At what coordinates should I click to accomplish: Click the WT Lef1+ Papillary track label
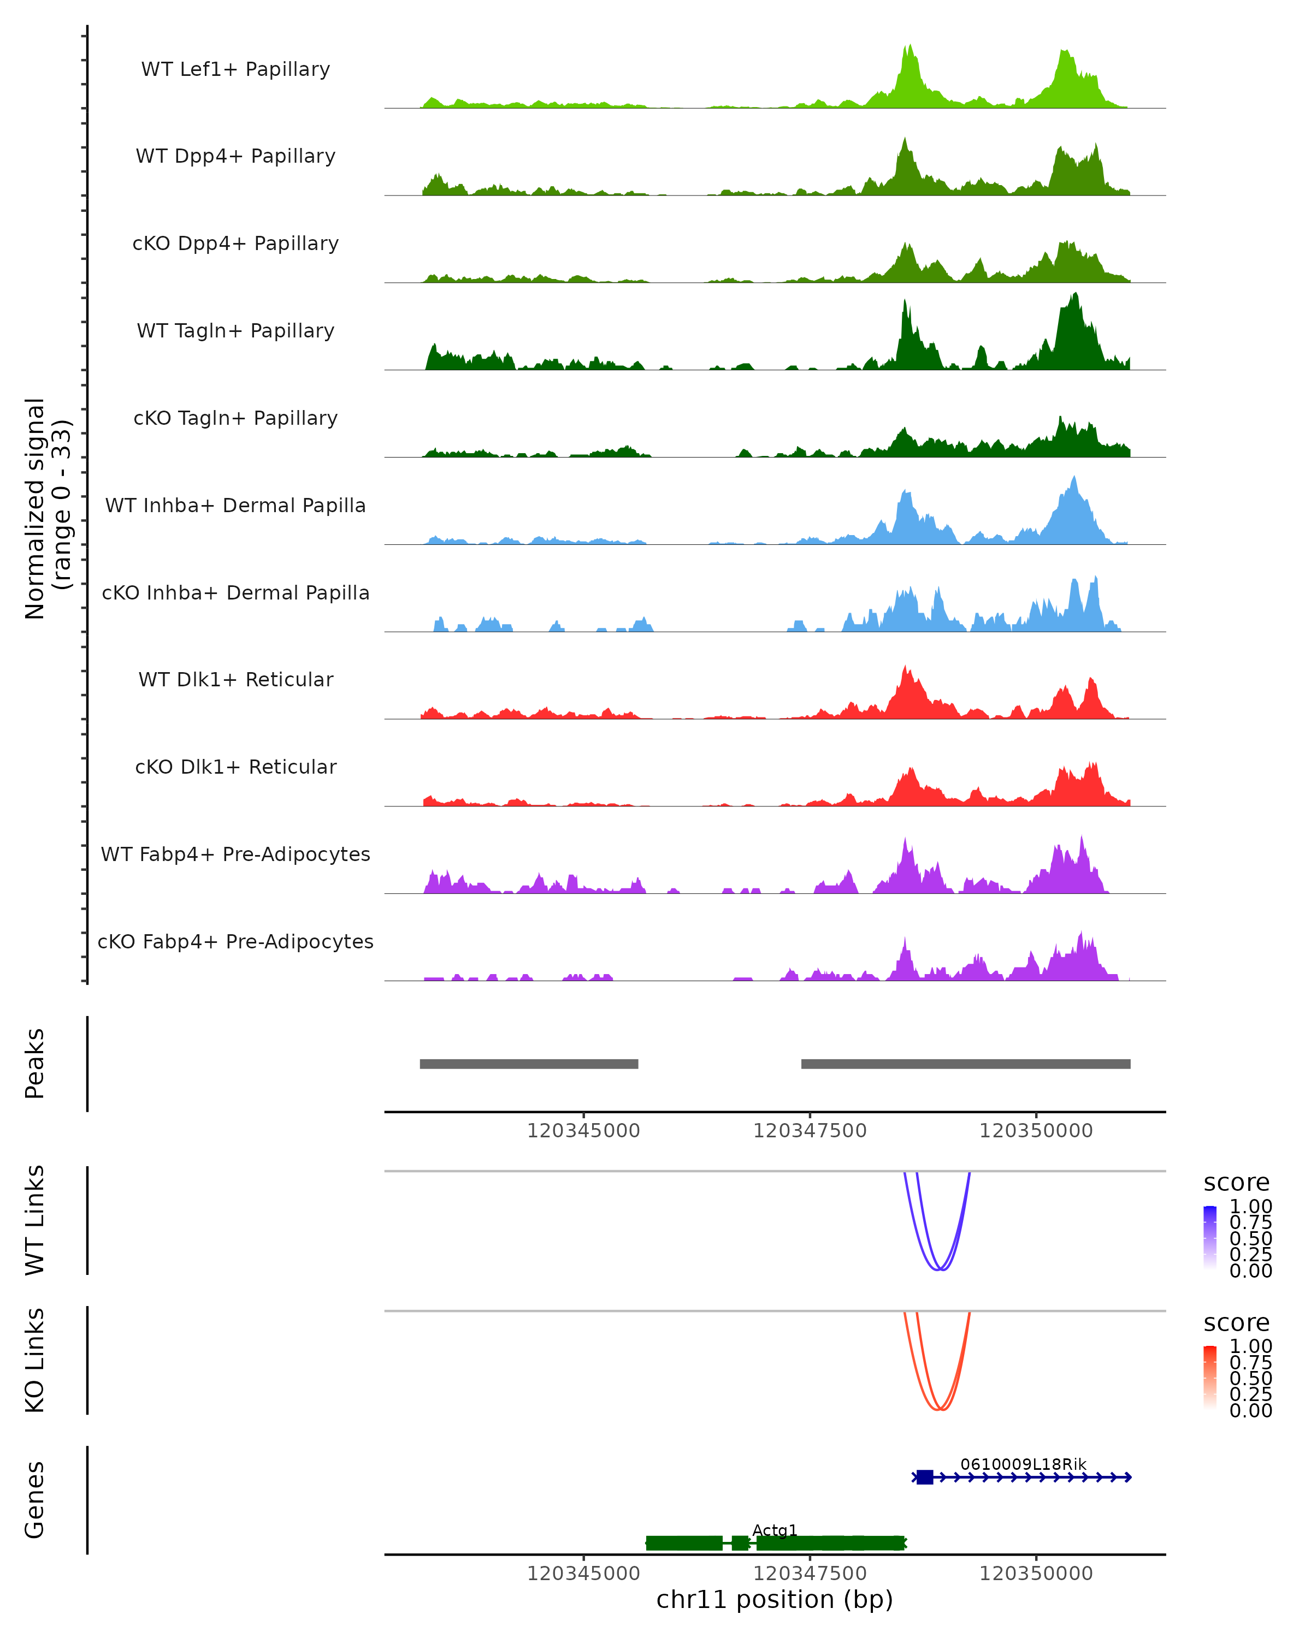tap(235, 69)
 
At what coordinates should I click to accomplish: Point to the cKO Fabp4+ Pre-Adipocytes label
tap(235, 941)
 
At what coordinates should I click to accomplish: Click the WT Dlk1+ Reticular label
tap(235, 679)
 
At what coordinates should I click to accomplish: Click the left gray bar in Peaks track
tap(529, 1064)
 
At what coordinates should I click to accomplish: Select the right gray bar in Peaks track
tap(965, 1064)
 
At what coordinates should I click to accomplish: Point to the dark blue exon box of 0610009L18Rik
tap(924, 1477)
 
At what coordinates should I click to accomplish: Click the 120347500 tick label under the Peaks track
tap(810, 1131)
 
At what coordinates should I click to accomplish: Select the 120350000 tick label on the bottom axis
tap(1035, 1574)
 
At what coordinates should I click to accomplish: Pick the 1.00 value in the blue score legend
tap(1250, 1207)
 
